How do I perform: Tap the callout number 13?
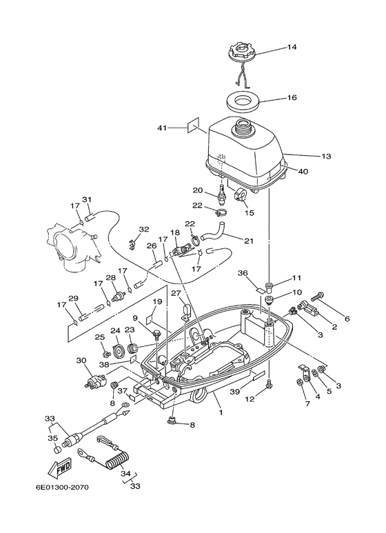point(326,156)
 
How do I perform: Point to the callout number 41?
point(162,128)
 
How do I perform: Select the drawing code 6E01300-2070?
point(63,487)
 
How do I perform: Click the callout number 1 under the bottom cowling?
point(221,412)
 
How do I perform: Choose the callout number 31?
point(87,200)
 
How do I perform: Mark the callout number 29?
point(74,298)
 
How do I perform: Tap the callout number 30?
point(81,361)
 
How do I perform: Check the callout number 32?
point(143,230)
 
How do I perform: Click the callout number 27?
point(175,293)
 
